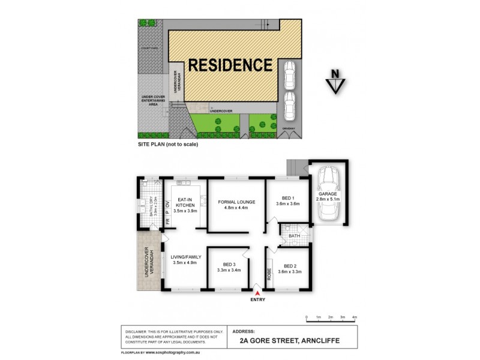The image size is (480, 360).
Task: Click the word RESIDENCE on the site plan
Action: (x=230, y=65)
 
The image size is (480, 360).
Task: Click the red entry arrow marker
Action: (x=257, y=292)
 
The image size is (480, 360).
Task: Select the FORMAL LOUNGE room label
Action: (x=237, y=202)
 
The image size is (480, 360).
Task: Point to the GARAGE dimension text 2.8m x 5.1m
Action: (x=328, y=200)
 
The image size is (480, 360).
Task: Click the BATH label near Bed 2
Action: (x=294, y=236)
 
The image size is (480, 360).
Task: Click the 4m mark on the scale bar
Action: (x=355, y=316)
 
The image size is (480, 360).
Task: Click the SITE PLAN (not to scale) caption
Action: (x=167, y=145)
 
